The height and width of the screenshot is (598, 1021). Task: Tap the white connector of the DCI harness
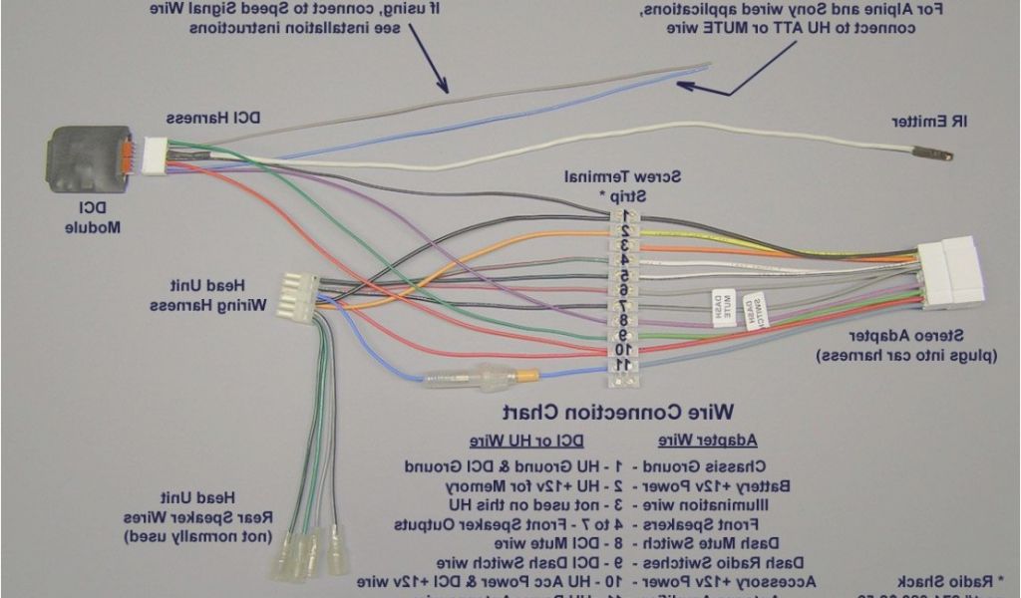click(x=155, y=152)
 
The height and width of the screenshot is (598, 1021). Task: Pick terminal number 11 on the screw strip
click(x=623, y=366)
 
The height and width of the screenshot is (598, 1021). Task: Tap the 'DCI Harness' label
click(x=213, y=118)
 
